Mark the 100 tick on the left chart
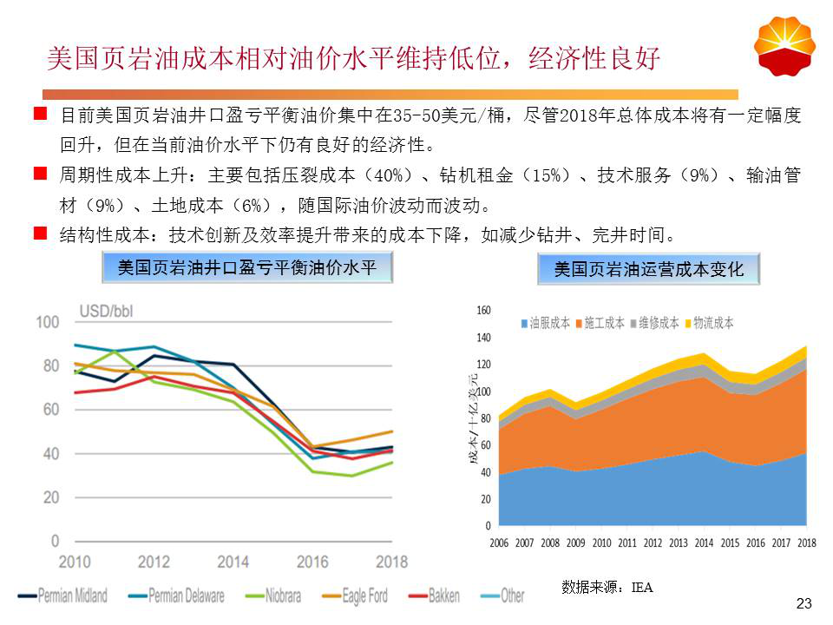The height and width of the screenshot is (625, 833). click(48, 323)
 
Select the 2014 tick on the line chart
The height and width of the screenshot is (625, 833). click(233, 562)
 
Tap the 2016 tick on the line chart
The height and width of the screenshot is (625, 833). click(312, 562)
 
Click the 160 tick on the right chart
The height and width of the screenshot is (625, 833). click(483, 310)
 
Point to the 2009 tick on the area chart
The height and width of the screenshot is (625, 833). click(576, 543)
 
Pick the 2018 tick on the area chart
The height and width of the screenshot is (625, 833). click(807, 543)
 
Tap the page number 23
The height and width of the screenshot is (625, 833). click(803, 603)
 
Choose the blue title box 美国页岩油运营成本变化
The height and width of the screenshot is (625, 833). click(648, 270)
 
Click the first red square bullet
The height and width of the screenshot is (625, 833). click(39, 113)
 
